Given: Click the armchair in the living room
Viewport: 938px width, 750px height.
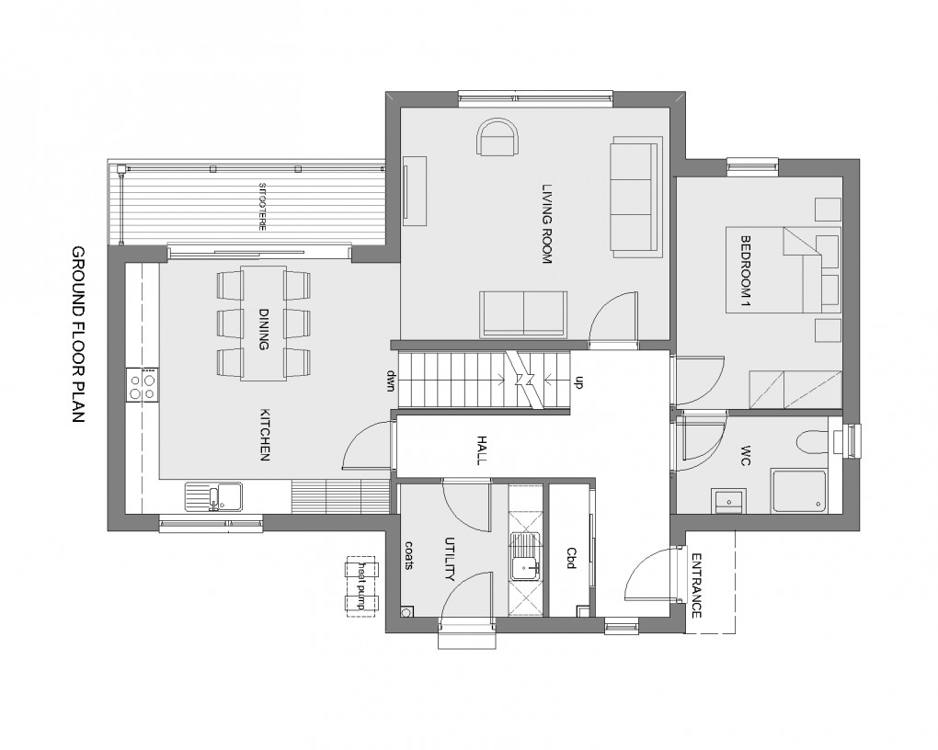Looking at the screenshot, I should [x=498, y=139].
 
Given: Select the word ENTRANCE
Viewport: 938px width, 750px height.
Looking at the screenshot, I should [x=696, y=585].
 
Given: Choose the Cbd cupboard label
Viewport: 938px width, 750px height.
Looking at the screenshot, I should [x=570, y=559].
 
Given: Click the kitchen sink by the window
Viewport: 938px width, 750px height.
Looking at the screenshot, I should [x=214, y=497].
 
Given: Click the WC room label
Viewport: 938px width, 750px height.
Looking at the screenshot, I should [x=746, y=457].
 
